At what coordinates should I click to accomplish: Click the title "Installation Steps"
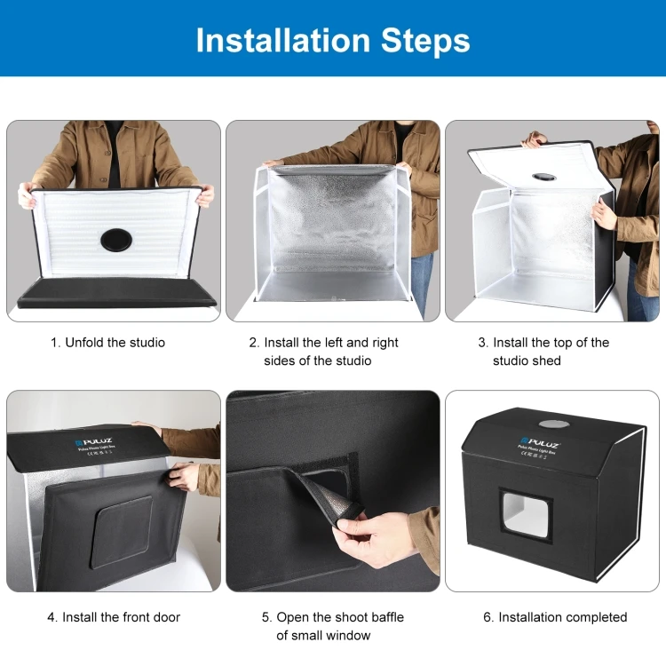coord(333,40)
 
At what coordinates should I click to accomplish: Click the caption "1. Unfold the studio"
coord(107,343)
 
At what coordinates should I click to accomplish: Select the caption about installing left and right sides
coord(324,352)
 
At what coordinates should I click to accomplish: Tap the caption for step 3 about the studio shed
coord(543,352)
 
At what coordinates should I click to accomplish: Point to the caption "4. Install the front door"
coord(114,617)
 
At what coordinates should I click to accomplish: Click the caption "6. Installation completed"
coord(555,617)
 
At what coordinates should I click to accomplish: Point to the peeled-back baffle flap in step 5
coord(333,493)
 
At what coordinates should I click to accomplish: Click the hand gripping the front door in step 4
coord(185,476)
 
